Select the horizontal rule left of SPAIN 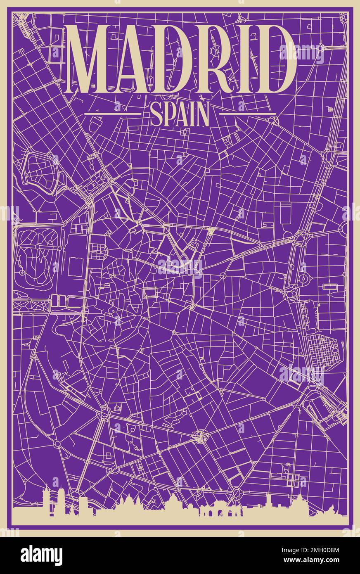click(112, 113)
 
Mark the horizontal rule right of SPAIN click(247, 113)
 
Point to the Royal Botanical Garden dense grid click(322, 349)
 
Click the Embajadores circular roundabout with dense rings click(200, 436)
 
